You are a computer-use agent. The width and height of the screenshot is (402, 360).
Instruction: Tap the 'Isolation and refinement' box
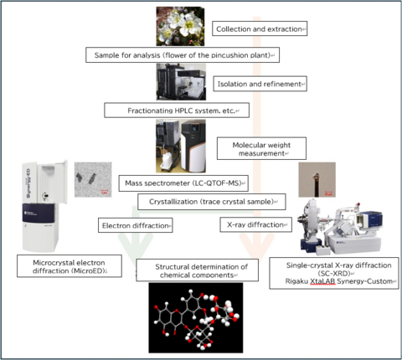(x=260, y=85)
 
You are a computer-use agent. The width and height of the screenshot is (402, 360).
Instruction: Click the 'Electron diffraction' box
(x=136, y=225)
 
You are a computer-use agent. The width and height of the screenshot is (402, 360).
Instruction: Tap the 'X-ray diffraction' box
(x=255, y=224)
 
